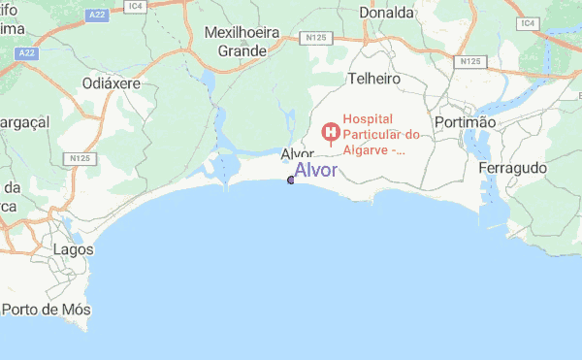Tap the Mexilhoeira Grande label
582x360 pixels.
pos(242,42)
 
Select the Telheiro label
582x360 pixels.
pos(373,78)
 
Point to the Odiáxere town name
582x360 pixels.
pos(112,83)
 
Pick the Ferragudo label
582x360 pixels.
pos(513,168)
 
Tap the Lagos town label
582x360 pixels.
pos(74,249)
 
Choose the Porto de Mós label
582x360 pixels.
pos(47,310)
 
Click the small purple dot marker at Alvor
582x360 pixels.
pos(291,180)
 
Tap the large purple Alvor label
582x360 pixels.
pos(316,170)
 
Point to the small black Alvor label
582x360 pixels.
pos(297,154)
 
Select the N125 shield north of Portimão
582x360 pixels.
pos(470,61)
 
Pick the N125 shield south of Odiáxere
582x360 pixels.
pos(79,157)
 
